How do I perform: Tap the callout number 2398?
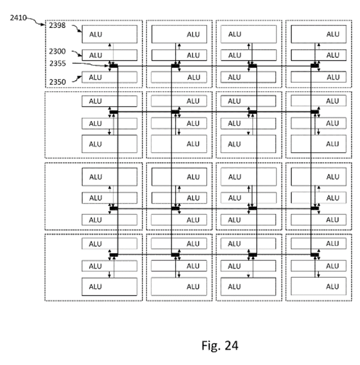pyautogui.click(x=57, y=26)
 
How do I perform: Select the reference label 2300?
pyautogui.click(x=57, y=51)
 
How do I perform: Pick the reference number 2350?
pyautogui.click(x=57, y=81)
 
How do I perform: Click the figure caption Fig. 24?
pyautogui.click(x=220, y=345)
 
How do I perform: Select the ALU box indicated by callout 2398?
pyautogui.click(x=109, y=34)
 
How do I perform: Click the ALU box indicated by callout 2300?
pyautogui.click(x=109, y=55)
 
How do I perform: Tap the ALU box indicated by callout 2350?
pyautogui.click(x=109, y=77)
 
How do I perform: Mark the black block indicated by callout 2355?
pyautogui.click(x=114, y=66)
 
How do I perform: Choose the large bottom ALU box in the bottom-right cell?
pyautogui.click(x=318, y=286)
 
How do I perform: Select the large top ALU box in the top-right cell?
pyautogui.click(x=318, y=34)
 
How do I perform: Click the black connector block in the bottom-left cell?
pyautogui.click(x=114, y=254)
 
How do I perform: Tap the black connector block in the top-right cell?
pyautogui.click(x=315, y=66)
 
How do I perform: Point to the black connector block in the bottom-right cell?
pyautogui.click(x=315, y=254)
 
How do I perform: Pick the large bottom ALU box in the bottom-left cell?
pyautogui.click(x=109, y=286)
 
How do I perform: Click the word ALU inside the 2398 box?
pyautogui.click(x=96, y=34)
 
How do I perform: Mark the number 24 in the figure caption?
pyautogui.click(x=231, y=345)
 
